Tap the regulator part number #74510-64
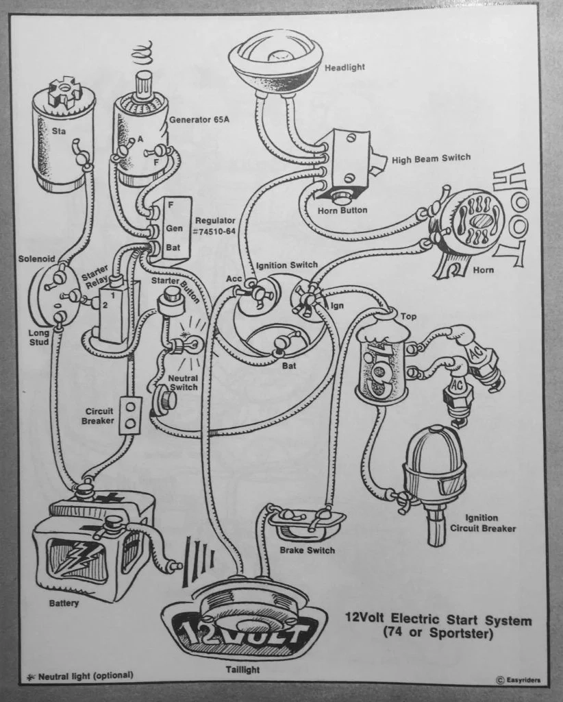pos(216,232)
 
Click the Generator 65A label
pos(199,119)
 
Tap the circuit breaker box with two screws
pos(129,415)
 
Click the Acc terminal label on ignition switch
pos(233,279)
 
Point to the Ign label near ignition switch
pos(338,305)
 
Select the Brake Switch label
pos(307,550)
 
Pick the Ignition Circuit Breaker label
pos(490,523)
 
